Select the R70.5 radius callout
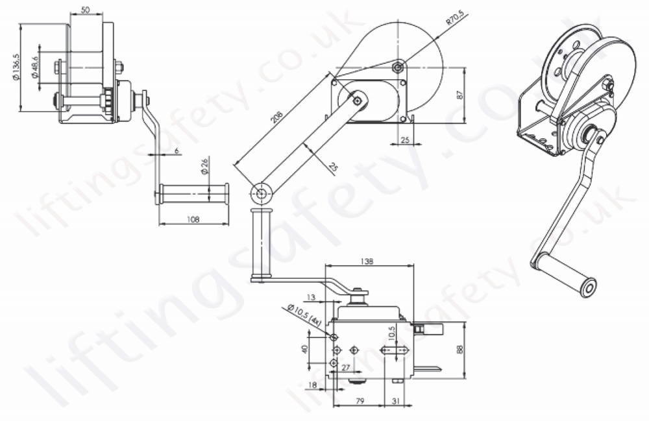(454, 20)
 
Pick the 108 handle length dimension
(193, 219)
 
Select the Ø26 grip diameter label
(204, 167)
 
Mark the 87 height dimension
(460, 95)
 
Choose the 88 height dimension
(460, 349)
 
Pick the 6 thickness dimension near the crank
(177, 150)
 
